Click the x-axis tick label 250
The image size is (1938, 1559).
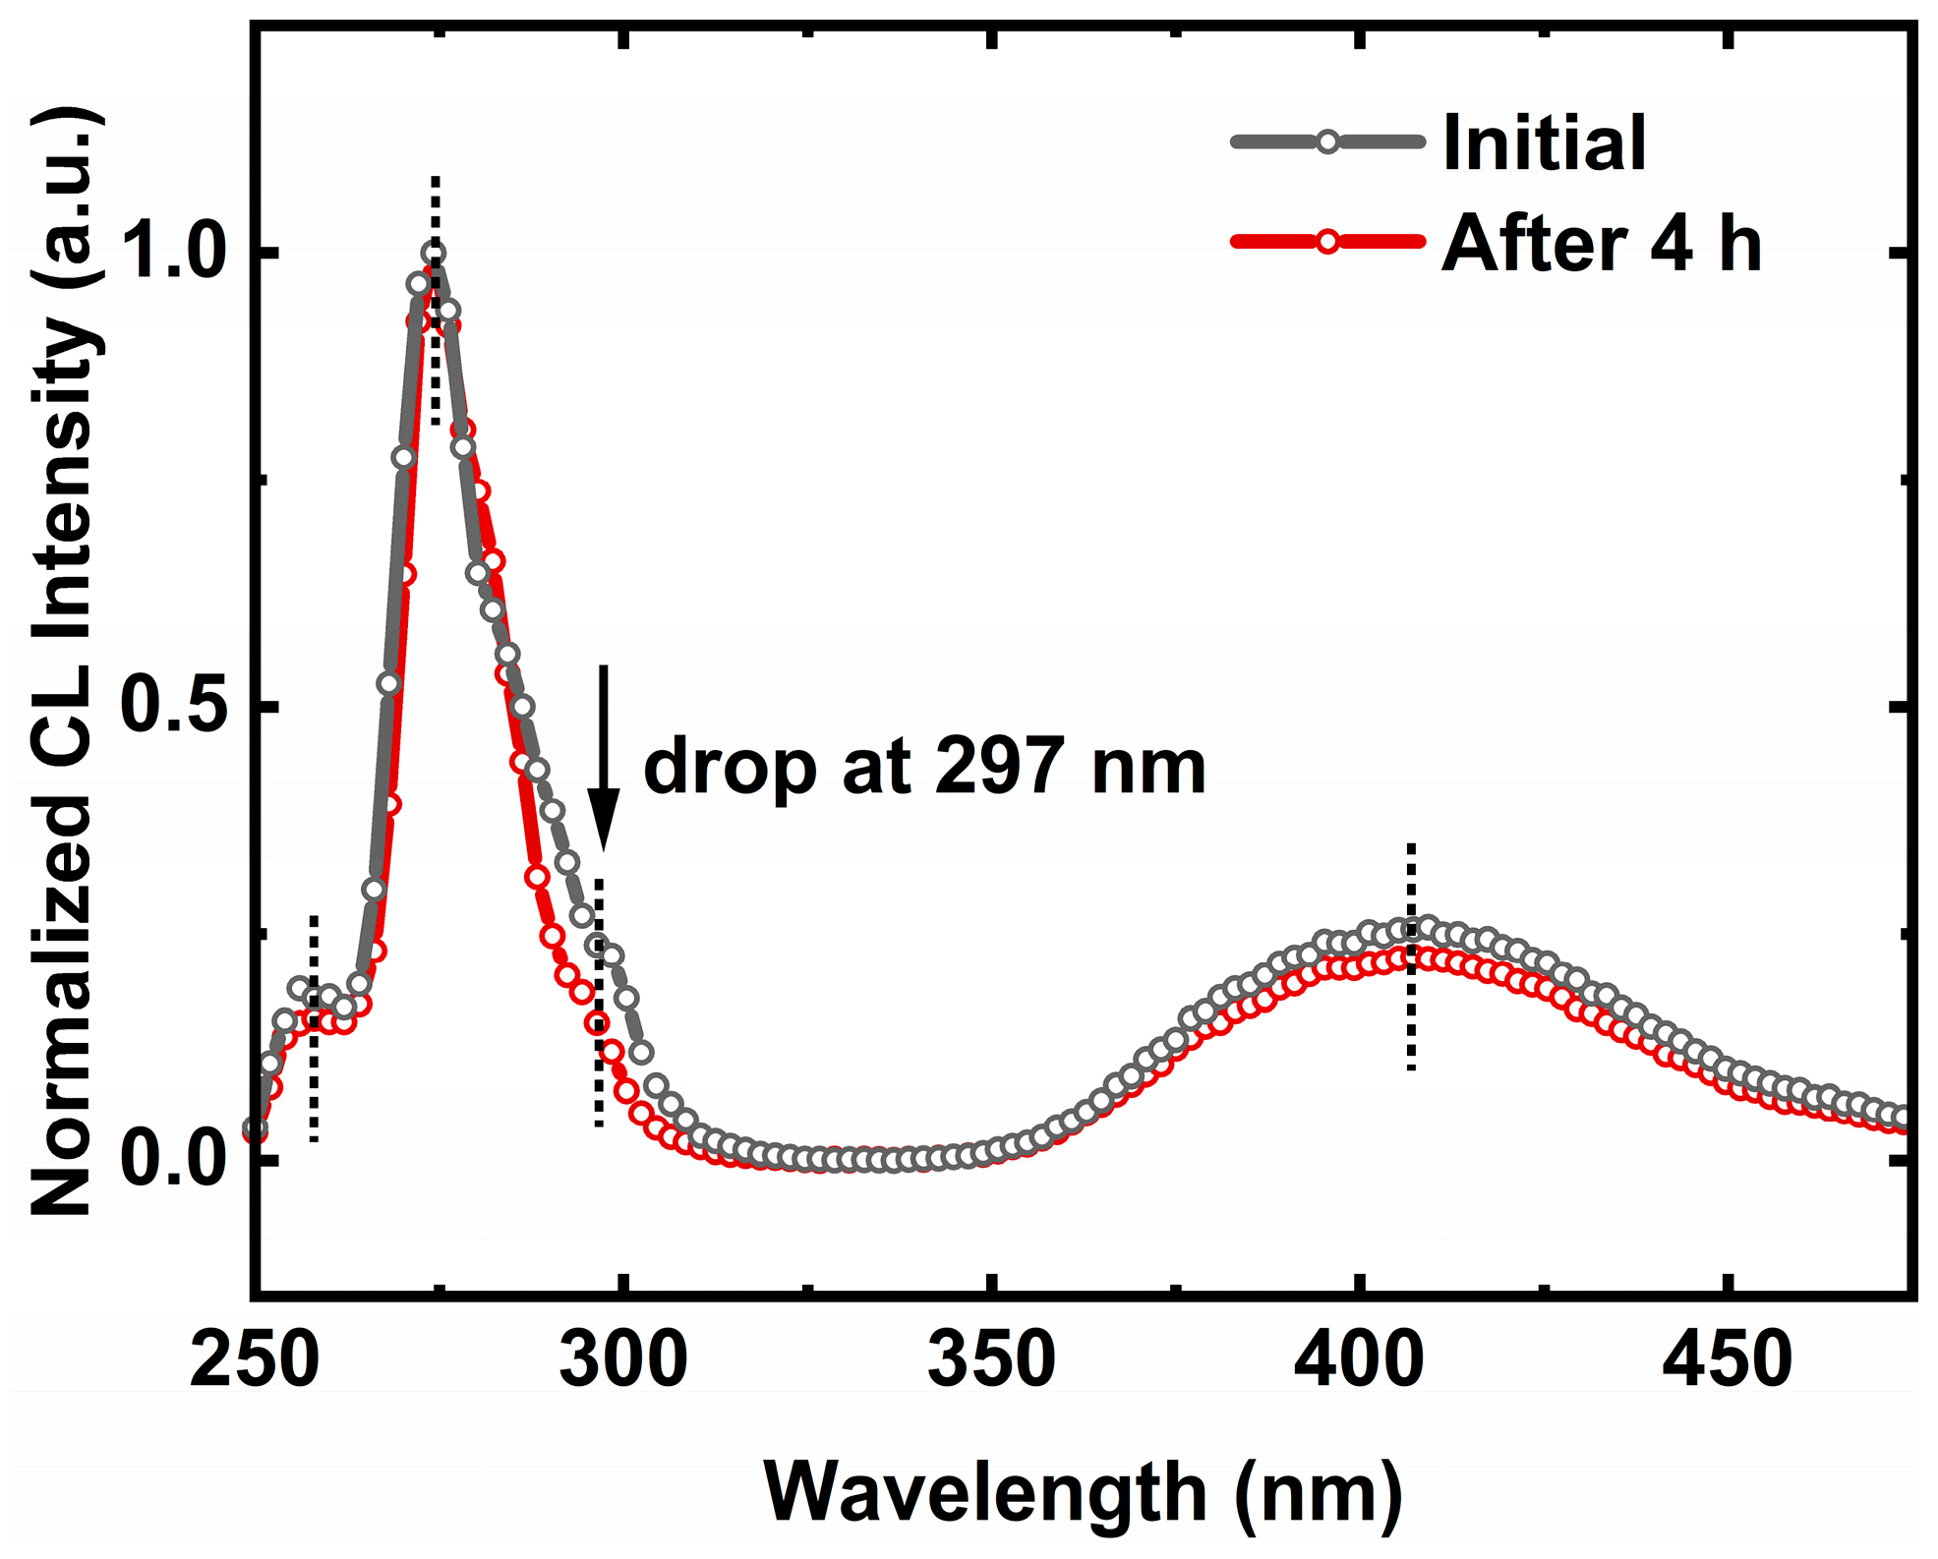[254, 1361]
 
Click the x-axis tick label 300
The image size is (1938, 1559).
[622, 1361]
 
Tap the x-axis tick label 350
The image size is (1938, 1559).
[991, 1361]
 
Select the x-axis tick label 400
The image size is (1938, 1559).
[1359, 1361]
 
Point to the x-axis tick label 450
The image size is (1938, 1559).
[1727, 1361]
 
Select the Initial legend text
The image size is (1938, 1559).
[1544, 144]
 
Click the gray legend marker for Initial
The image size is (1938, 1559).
[1327, 142]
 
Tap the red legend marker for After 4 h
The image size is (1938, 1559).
[1327, 241]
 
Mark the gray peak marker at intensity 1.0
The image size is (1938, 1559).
[434, 253]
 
